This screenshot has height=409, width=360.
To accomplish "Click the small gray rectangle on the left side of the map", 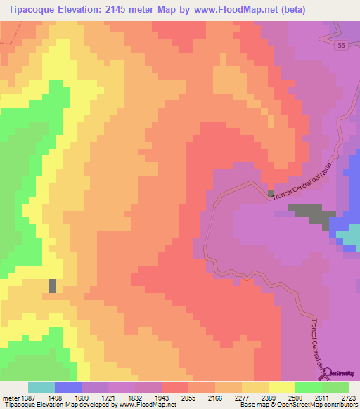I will click(53, 285).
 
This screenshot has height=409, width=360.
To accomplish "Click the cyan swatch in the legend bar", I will click(41, 387).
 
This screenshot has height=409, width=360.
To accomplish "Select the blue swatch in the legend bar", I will click(68, 387).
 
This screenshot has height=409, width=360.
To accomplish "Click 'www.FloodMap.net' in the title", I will click(247, 9).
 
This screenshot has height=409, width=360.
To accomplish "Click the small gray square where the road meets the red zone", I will click(271, 193).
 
